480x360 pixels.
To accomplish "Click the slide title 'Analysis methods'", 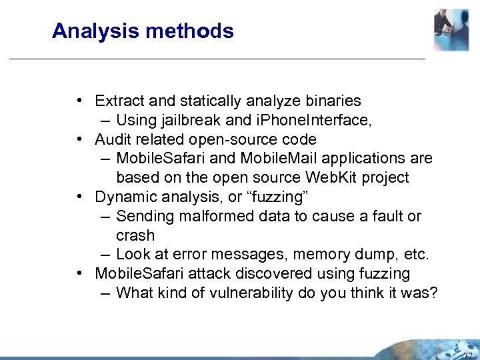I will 143,31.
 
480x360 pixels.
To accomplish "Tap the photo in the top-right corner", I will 451,29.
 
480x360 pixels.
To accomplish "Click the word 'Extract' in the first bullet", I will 117,101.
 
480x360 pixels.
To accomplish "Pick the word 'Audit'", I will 113,139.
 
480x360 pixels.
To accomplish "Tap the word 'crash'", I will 135,236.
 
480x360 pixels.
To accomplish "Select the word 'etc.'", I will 415,255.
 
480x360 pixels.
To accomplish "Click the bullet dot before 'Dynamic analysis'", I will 79,197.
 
